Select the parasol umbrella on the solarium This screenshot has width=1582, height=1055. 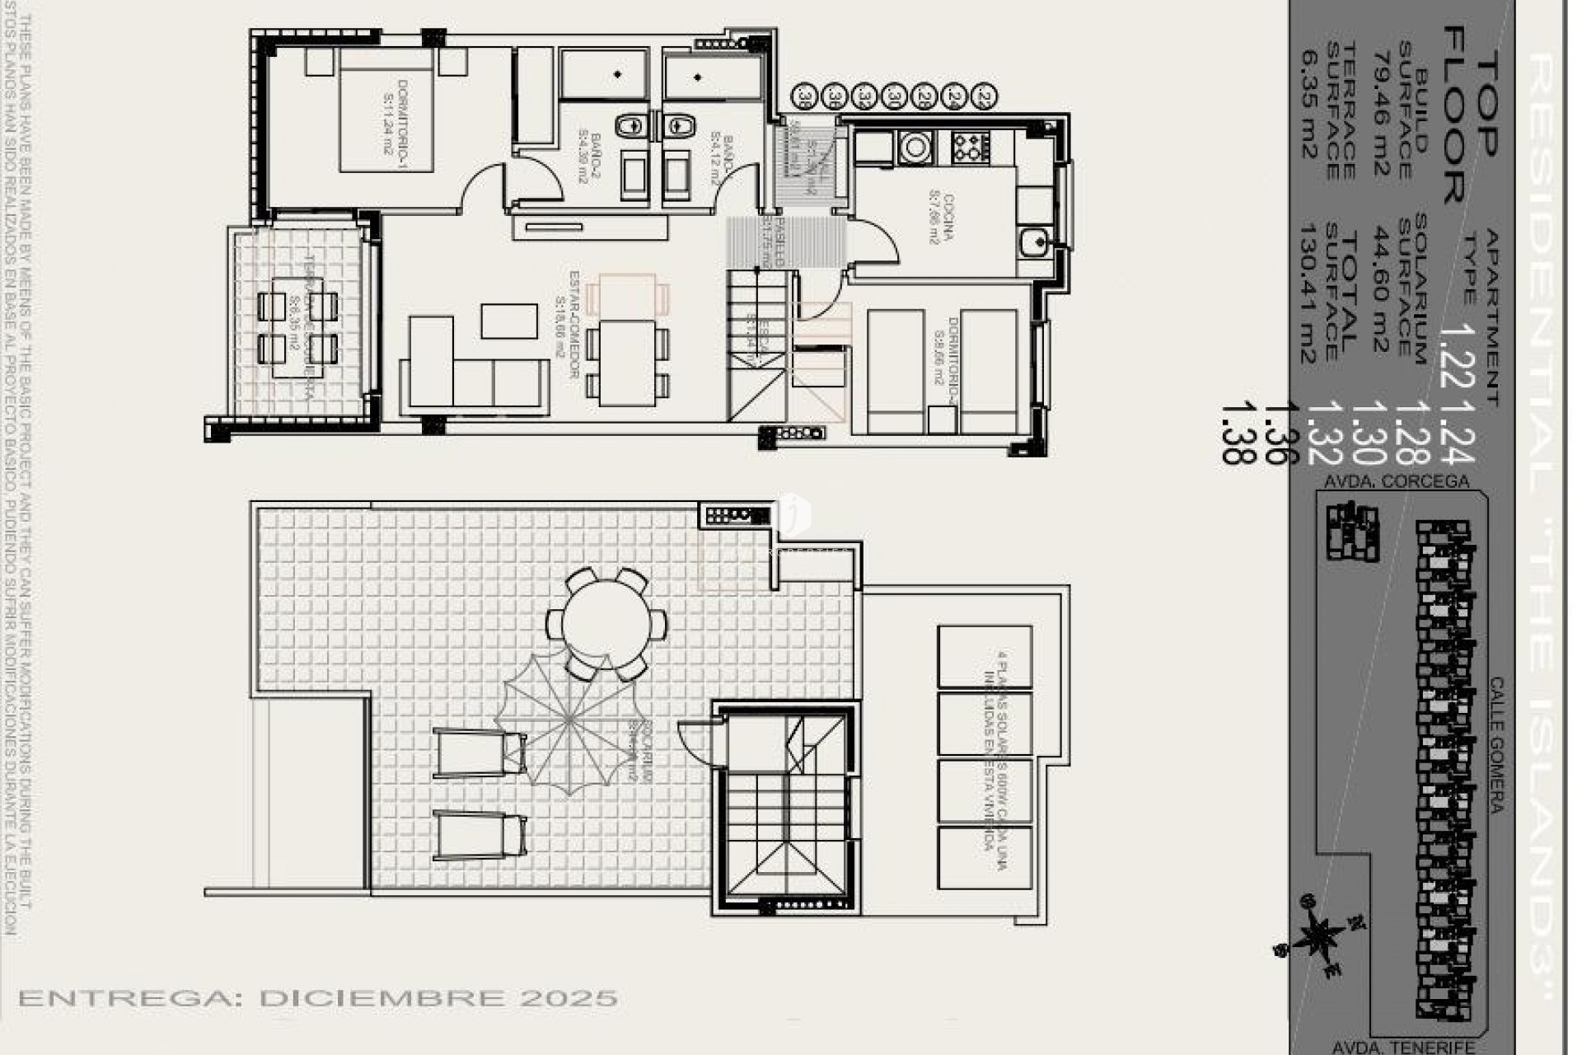point(569,722)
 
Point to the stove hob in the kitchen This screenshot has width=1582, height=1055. point(970,147)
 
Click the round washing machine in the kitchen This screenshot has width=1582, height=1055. point(915,148)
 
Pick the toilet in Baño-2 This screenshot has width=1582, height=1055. point(632,126)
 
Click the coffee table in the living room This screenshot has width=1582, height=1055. point(509,321)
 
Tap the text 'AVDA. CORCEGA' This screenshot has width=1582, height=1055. point(1396,481)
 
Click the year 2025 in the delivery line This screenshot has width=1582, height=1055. point(569,998)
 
